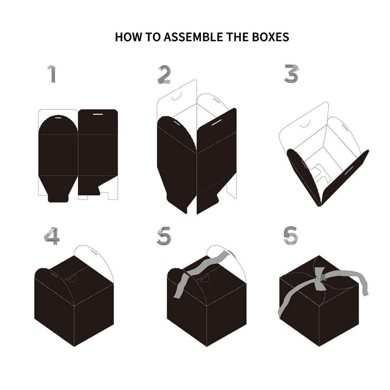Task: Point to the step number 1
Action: (52, 74)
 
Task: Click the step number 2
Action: (164, 74)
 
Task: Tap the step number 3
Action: (291, 74)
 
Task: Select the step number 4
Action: (52, 236)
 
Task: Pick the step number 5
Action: (164, 236)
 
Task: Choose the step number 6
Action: (290, 235)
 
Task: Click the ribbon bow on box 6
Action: (320, 279)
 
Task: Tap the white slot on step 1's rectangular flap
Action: (98, 114)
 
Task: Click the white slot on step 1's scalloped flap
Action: (58, 118)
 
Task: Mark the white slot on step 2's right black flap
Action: (217, 122)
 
